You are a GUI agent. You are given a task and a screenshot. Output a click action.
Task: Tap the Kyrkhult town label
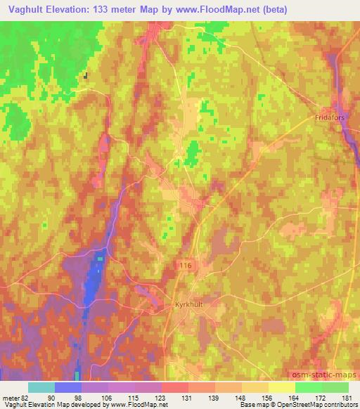187,306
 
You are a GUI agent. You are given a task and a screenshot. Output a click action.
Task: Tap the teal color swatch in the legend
41,387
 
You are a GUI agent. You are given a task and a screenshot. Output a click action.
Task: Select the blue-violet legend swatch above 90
68,387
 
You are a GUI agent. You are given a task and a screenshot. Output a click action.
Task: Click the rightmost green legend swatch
335,387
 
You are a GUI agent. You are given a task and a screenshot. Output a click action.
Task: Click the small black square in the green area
86,77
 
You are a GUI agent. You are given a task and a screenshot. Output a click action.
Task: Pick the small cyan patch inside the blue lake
99,258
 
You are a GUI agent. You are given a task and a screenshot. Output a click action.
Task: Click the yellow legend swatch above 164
282,387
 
